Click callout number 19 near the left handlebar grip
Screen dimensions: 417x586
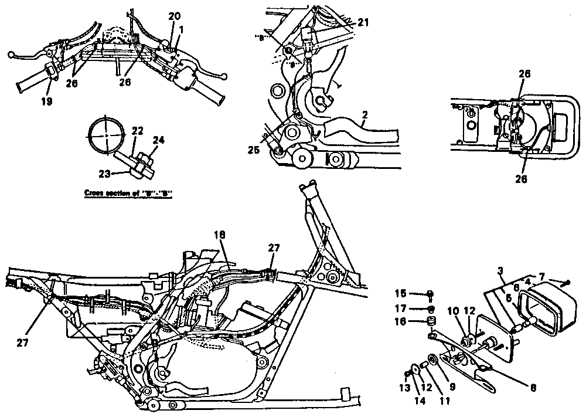(47, 101)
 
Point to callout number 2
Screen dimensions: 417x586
(364, 117)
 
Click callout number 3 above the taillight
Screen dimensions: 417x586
(501, 270)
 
